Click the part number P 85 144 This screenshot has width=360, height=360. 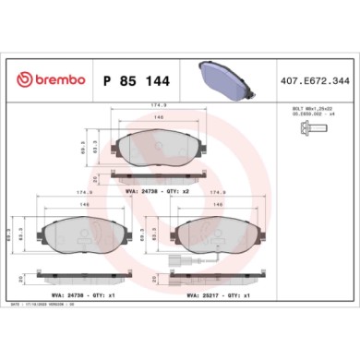click(136, 79)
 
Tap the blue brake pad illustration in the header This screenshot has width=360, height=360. click(223, 79)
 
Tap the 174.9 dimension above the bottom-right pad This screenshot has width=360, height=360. click(219, 194)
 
